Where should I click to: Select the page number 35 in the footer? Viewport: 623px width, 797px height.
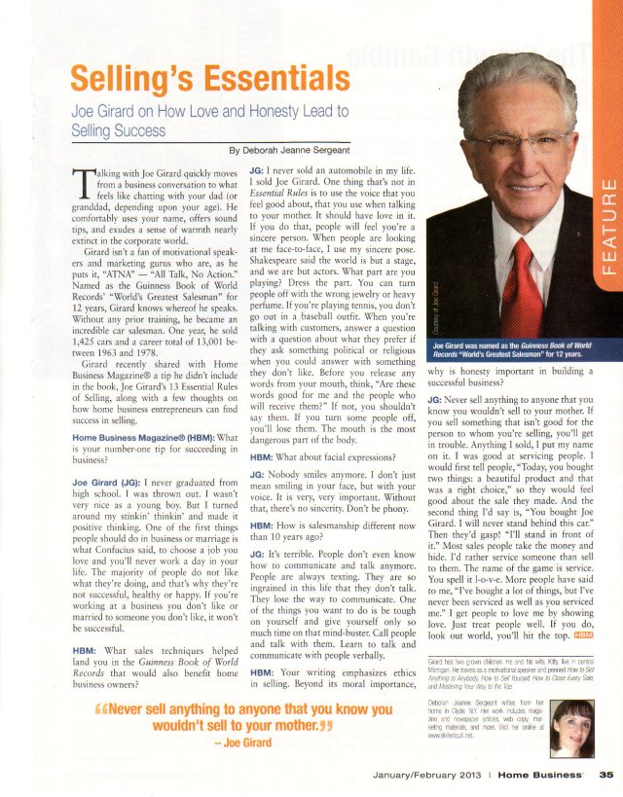pyautogui.click(x=605, y=776)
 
